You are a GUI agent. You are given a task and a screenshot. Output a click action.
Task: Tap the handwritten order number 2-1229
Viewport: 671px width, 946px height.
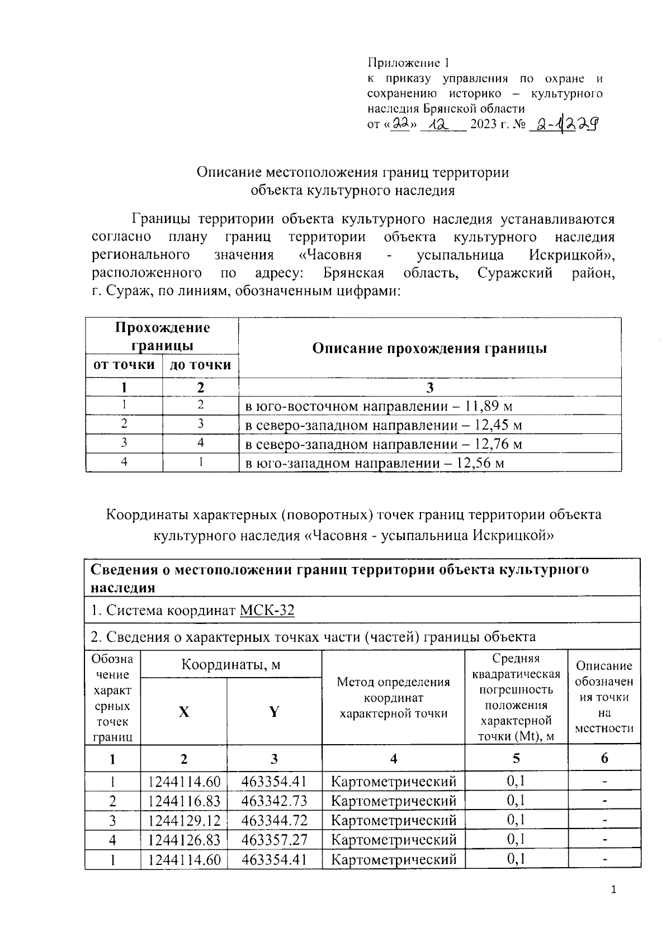pos(564,125)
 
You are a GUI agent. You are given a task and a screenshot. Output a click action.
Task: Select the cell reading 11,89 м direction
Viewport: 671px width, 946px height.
pos(379,406)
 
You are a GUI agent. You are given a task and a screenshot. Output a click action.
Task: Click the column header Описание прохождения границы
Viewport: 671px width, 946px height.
pos(429,348)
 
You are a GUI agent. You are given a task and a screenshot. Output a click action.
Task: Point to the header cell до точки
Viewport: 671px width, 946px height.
pos(200,365)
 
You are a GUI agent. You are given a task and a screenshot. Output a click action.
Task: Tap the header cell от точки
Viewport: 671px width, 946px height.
pos(124,365)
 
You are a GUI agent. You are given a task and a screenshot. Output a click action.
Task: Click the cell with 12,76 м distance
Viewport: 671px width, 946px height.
pos(384,444)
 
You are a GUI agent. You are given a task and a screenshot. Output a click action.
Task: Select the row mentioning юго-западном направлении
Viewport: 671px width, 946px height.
pos(375,463)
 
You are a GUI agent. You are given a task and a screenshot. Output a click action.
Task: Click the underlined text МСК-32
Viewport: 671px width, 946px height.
pos(267,610)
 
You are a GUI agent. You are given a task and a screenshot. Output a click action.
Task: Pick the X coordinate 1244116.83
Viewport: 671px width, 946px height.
pos(184,801)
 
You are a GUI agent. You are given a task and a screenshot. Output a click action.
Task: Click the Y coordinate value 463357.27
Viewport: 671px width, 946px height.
pos(274,839)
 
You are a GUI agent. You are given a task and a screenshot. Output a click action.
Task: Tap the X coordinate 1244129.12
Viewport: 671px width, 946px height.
pos(184,820)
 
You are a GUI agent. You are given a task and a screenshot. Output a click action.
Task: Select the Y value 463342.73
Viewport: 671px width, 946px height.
pos(274,801)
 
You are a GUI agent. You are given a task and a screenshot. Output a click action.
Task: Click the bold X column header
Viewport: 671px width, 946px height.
pos(183,712)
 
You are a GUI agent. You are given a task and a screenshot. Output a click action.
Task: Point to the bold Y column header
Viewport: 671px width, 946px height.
pos(274,712)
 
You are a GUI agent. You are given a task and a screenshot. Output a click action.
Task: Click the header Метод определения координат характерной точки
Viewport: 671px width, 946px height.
pos(393,697)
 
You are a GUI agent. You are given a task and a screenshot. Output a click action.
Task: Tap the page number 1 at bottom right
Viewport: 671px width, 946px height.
pos(613,890)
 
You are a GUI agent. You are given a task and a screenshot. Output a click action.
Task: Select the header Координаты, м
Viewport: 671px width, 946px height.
pos(231,665)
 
